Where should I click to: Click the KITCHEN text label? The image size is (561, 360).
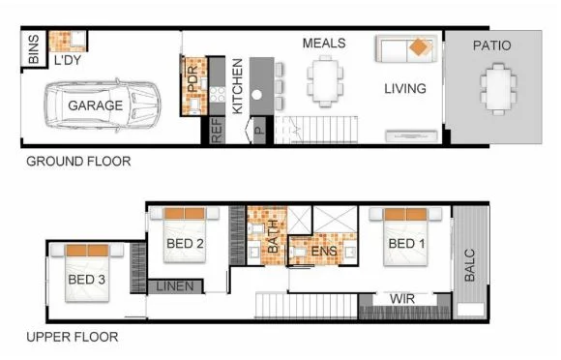pyautogui.click(x=237, y=86)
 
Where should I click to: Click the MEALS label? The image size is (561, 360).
pyautogui.click(x=324, y=44)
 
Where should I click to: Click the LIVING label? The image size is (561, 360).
pyautogui.click(x=404, y=89)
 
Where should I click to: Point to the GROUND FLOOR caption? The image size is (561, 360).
pyautogui.click(x=78, y=162)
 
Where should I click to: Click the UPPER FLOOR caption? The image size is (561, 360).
pyautogui.click(x=73, y=338)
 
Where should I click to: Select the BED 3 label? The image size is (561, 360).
pyautogui.click(x=88, y=281)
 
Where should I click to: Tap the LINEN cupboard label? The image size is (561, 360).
pyautogui.click(x=175, y=286)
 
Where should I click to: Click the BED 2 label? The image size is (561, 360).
pyautogui.click(x=184, y=244)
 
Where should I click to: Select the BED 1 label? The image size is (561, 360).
pyautogui.click(x=407, y=244)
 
